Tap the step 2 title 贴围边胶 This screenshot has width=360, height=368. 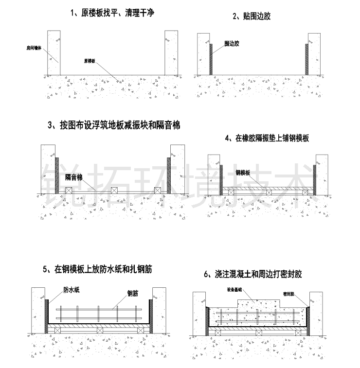251,16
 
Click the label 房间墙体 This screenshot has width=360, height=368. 34,48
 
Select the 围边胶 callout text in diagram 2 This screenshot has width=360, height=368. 232,43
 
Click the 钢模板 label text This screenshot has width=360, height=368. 243,173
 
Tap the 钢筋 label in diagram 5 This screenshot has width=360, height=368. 133,293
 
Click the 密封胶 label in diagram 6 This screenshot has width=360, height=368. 289,294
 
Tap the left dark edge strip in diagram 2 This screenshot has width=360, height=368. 211,59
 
